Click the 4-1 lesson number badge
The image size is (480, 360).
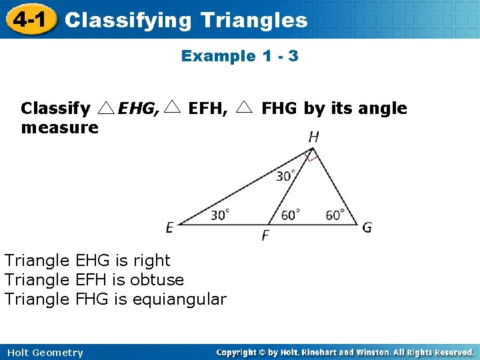click(x=28, y=19)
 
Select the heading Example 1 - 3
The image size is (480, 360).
click(x=239, y=56)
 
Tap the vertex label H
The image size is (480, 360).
click(x=313, y=137)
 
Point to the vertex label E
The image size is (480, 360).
click(x=170, y=228)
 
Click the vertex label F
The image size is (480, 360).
click(x=265, y=235)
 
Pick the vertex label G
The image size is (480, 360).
click(x=367, y=228)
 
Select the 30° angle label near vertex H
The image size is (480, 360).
click(x=286, y=176)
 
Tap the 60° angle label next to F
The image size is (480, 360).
click(x=290, y=215)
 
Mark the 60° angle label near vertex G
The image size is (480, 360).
click(x=335, y=215)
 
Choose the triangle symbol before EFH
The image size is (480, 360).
click(x=173, y=107)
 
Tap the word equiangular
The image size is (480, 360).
click(x=179, y=299)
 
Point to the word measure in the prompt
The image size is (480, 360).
click(x=59, y=127)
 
